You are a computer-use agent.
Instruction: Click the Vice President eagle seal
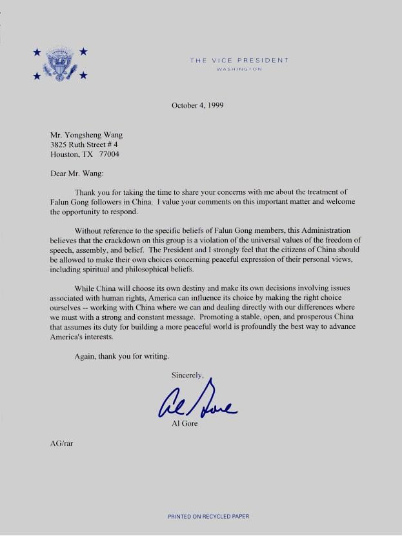pos(60,64)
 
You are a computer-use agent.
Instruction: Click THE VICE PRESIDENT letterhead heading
pos(239,60)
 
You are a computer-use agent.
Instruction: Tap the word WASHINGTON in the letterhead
pos(239,69)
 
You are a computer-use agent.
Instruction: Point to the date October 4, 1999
pos(197,105)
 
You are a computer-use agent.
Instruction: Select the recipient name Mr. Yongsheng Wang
pos(86,135)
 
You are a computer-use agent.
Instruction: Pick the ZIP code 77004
pos(109,155)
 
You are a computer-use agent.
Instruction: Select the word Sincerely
pos(187,375)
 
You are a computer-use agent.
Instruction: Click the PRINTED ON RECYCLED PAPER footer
pos(208,517)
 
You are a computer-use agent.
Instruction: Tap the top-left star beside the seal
pos(37,52)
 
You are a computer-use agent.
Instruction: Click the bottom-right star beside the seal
pos(83,77)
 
